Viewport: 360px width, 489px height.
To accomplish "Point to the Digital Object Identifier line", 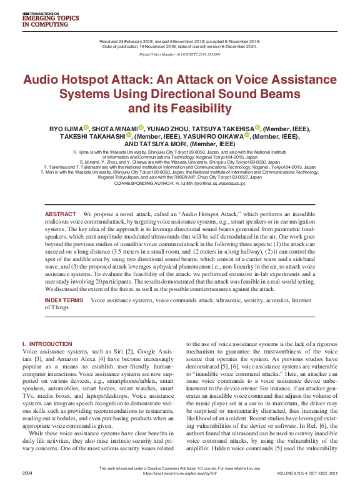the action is [x=180, y=55].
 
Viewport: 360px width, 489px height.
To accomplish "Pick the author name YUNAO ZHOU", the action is [x=167, y=127].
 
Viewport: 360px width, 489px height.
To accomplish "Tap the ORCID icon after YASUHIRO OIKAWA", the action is [x=247, y=136].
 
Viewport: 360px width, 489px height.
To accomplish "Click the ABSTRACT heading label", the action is [x=60, y=214].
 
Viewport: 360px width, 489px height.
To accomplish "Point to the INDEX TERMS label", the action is [x=64, y=300].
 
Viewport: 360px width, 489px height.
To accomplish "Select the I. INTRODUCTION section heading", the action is [x=47, y=344].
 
